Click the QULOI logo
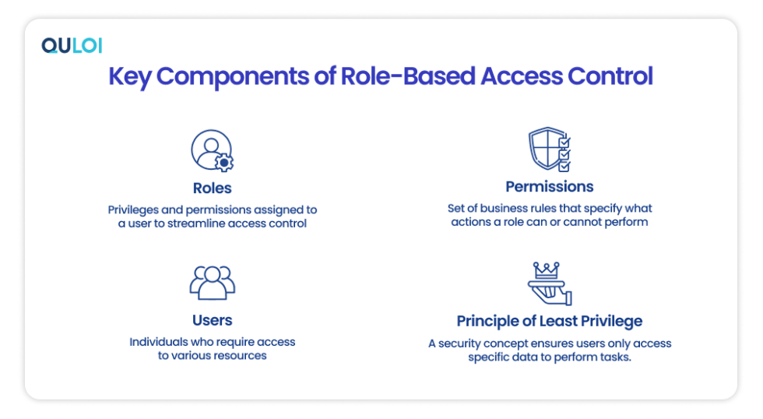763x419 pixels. (x=72, y=46)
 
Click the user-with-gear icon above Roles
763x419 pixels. (x=213, y=151)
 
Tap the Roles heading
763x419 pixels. (x=213, y=188)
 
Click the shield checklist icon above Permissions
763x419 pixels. (x=550, y=150)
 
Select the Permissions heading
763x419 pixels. (x=550, y=187)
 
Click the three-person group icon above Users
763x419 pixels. (x=213, y=283)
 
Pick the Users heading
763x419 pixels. (x=213, y=320)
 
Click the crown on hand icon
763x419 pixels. (x=550, y=283)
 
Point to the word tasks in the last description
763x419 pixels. (x=614, y=357)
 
